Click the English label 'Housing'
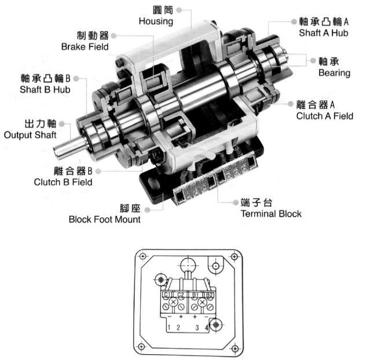(x=156, y=21)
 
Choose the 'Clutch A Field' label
(x=324, y=116)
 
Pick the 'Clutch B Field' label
(x=63, y=181)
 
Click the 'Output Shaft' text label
(x=30, y=135)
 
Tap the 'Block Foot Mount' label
(x=104, y=219)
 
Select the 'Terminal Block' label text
(x=270, y=213)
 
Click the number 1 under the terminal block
(x=168, y=328)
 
